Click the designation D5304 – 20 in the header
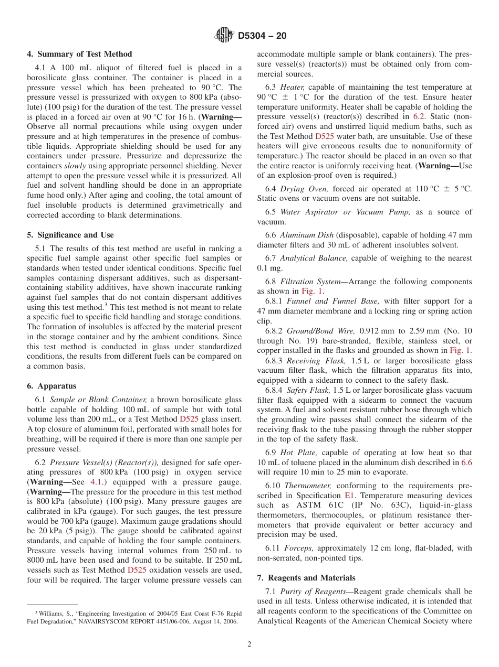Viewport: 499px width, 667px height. pos(262,36)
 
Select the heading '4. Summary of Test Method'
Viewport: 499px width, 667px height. pos(79,54)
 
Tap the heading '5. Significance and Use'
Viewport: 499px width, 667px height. pos(70,235)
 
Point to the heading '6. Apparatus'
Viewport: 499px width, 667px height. pos(51,386)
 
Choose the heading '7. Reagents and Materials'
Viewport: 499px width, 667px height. pos(306,578)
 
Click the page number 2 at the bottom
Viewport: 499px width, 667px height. pos(250,644)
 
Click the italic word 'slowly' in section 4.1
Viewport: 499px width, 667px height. pos(75,166)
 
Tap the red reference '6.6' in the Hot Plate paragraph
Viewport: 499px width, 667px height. pos(466,462)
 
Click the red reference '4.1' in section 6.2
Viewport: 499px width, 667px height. pos(96,482)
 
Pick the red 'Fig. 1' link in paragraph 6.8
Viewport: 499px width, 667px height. pos(312,291)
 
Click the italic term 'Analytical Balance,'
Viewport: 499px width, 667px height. pos(314,258)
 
